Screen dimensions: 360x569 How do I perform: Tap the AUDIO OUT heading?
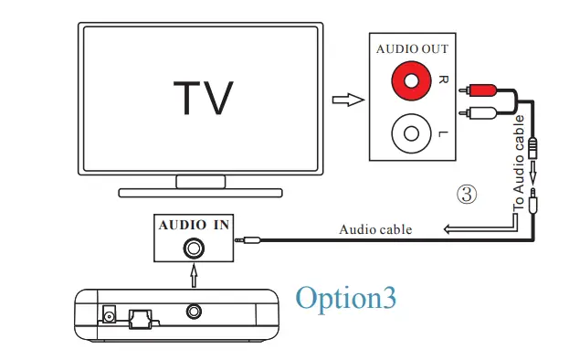[x=413, y=49]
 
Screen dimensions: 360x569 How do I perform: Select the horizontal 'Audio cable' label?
[x=375, y=229]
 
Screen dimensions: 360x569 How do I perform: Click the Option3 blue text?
[x=346, y=299]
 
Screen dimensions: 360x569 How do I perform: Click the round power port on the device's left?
[x=109, y=315]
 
